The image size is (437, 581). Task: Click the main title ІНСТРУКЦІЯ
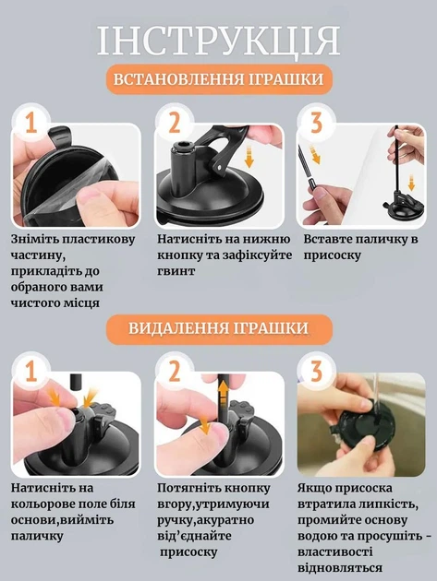[x=218, y=40]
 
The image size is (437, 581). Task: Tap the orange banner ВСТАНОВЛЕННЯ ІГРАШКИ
[x=218, y=79]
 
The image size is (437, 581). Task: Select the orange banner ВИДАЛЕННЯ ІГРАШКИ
[x=219, y=328]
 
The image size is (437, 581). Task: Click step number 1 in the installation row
[x=31, y=123]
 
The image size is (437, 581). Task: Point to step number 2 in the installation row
[x=174, y=123]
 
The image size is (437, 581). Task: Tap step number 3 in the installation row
[x=316, y=123]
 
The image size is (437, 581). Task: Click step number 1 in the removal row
[x=31, y=372]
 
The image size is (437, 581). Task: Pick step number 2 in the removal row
[x=174, y=372]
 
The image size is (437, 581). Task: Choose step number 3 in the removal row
[x=316, y=372]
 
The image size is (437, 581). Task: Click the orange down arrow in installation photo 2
[x=249, y=158]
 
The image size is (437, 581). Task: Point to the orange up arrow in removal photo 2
[x=223, y=396]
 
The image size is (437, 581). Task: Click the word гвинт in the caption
[x=176, y=271]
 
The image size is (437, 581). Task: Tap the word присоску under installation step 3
[x=332, y=255]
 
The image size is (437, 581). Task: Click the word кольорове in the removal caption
[x=43, y=504]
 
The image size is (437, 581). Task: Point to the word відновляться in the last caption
[x=340, y=568]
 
